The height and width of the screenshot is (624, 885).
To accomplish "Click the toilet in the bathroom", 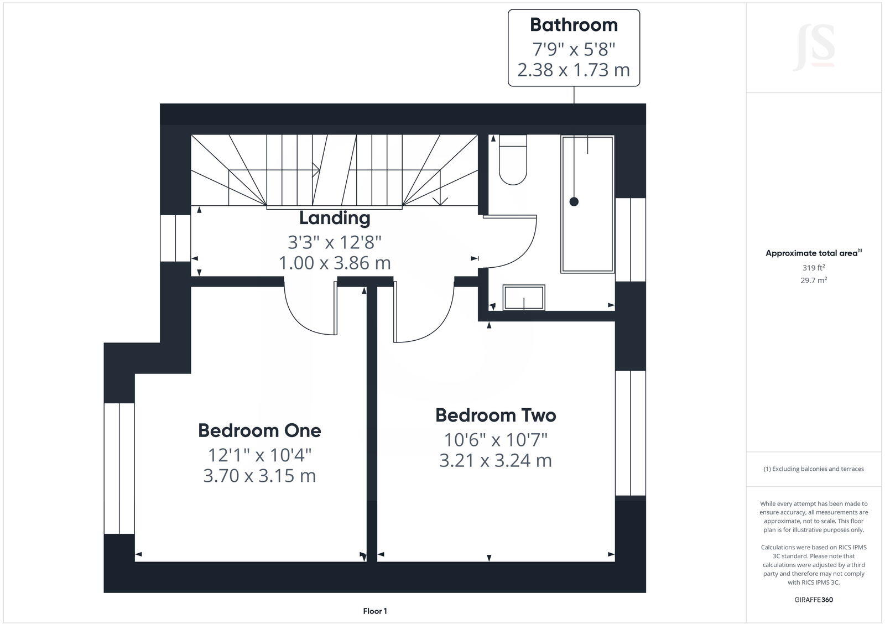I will click(x=513, y=160).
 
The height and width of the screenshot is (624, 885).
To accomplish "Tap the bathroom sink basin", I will click(x=524, y=297).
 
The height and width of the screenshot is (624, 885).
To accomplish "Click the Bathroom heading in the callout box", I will click(x=574, y=25).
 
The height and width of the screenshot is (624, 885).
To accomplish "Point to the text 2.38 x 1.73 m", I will click(x=574, y=70).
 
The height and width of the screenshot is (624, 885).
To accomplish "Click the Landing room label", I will click(x=335, y=218).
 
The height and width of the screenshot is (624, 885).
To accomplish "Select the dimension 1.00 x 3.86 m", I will click(x=335, y=263).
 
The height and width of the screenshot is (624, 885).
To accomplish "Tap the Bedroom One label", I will click(x=259, y=430).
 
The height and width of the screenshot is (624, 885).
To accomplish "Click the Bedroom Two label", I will click(x=496, y=415).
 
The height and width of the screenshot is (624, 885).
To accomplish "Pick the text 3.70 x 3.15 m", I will click(x=259, y=476).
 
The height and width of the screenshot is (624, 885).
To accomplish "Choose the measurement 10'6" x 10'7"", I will click(x=496, y=440).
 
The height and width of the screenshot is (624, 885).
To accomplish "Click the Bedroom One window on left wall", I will click(x=119, y=468).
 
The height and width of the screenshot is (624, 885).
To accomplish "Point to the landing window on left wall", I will click(x=175, y=238).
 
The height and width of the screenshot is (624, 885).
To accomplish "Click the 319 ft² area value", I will click(x=814, y=268).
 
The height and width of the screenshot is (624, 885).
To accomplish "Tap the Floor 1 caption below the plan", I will click(x=375, y=611).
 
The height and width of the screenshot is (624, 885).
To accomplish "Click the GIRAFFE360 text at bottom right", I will click(x=814, y=600).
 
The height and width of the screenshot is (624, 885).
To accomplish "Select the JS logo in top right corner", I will click(x=814, y=49).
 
